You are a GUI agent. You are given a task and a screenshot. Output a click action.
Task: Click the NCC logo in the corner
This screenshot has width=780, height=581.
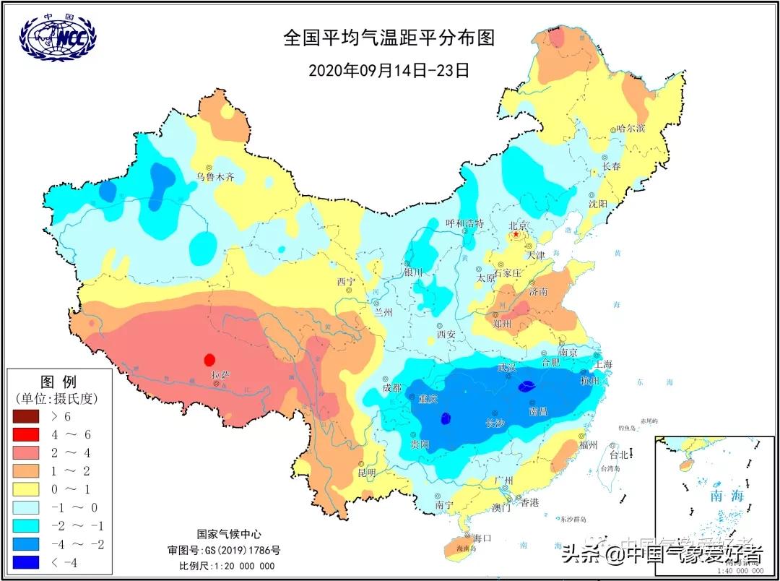click(x=58, y=37)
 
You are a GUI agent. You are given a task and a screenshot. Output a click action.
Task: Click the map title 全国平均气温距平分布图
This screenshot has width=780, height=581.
click(x=389, y=38)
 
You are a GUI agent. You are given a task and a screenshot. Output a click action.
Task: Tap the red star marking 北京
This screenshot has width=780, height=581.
click(x=516, y=234)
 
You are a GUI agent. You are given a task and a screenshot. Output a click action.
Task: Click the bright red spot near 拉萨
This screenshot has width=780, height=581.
click(x=210, y=359)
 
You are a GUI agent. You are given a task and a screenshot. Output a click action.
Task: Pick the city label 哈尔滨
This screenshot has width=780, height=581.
click(x=630, y=129)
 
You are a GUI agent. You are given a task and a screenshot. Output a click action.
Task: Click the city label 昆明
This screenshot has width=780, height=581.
click(x=367, y=473)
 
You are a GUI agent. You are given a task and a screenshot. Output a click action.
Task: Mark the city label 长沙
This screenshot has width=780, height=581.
click(x=494, y=422)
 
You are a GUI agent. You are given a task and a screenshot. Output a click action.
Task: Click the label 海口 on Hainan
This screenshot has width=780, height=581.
click(x=482, y=538)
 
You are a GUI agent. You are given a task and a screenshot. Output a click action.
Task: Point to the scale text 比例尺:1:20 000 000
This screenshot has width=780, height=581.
click(x=227, y=565)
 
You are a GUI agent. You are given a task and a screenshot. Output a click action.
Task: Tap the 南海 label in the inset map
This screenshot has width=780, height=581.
click(x=726, y=496)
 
